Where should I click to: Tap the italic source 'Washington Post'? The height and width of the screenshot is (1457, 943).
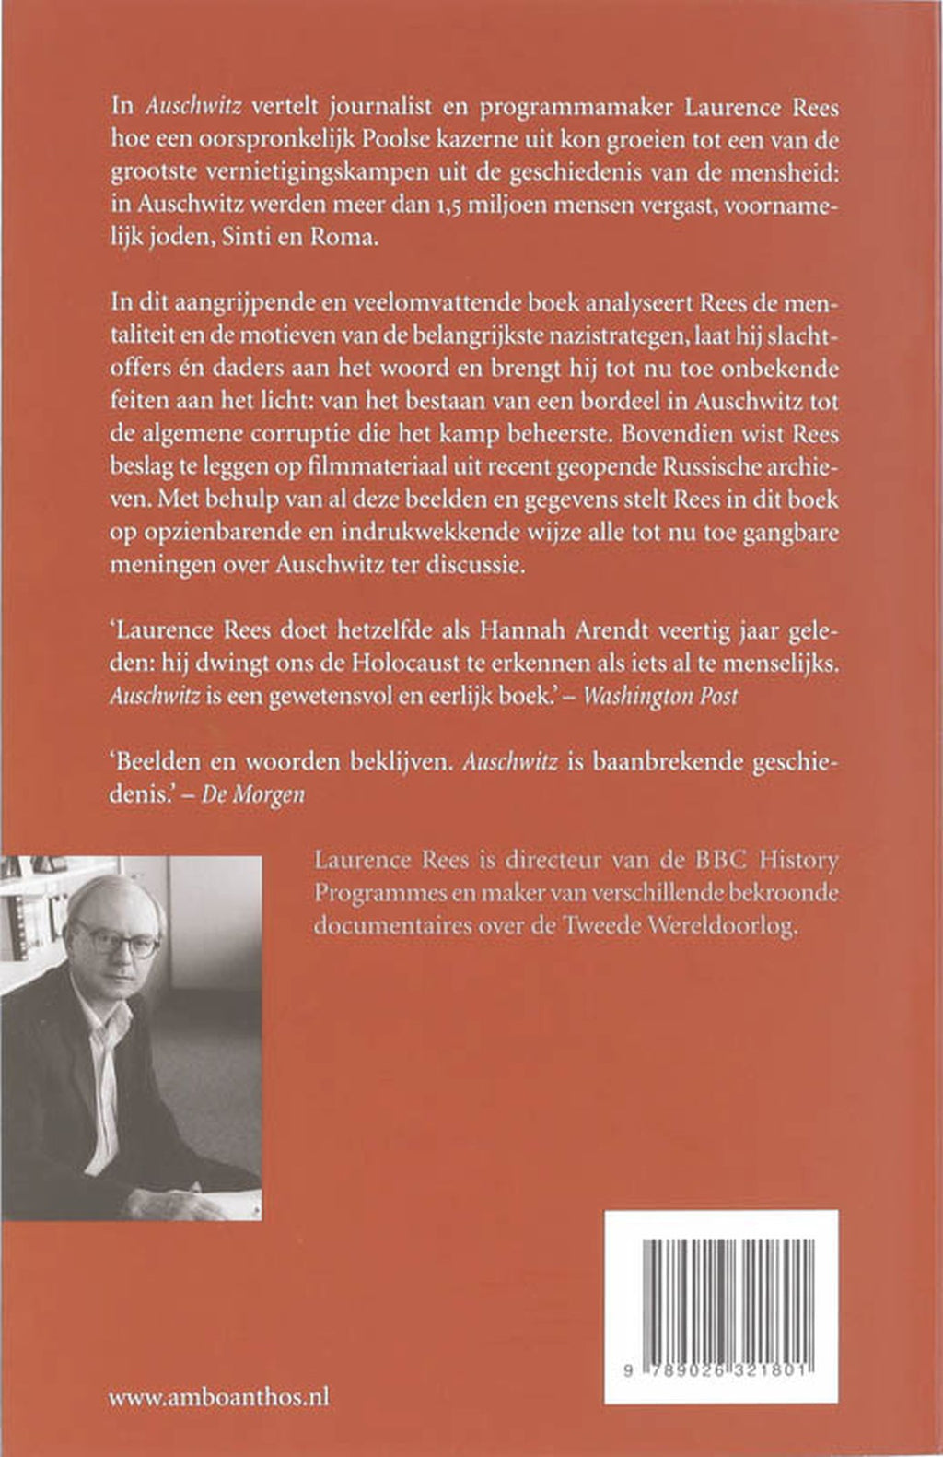point(661,697)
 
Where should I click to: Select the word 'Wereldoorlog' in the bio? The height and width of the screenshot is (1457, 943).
point(732,925)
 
